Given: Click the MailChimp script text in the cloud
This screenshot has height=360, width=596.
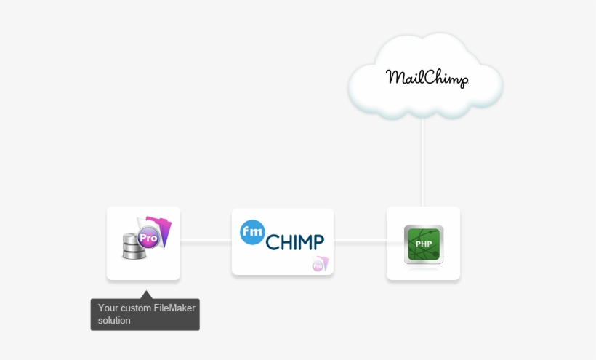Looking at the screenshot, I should point(427,77).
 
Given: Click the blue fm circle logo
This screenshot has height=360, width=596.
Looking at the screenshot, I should point(252,232).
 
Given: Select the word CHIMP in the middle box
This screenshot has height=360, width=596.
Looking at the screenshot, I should point(295,242).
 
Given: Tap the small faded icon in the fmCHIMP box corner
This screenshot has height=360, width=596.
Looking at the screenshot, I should point(318,264).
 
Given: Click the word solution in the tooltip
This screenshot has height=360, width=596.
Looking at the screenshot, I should point(114,320).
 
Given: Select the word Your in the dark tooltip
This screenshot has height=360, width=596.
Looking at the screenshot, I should point(107,308).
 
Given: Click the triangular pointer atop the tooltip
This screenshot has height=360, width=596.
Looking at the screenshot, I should point(145,295).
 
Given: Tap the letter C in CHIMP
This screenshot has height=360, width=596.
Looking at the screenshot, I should point(273,242).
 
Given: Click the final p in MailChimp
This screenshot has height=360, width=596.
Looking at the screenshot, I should point(463,80).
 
